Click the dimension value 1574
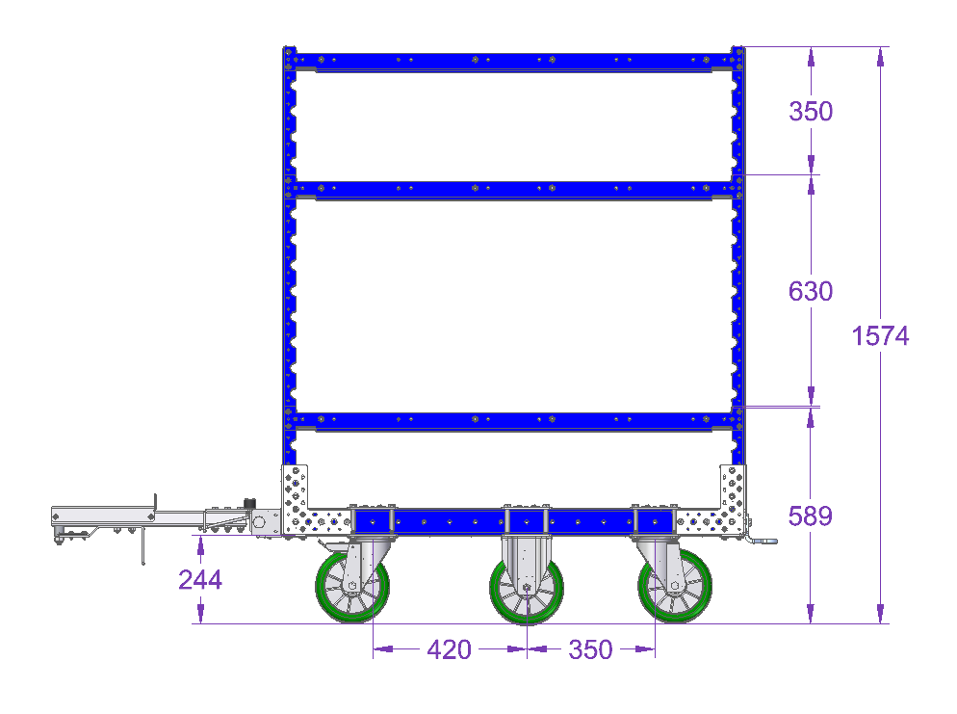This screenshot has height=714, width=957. tap(880, 336)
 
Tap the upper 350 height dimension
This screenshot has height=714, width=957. tap(811, 111)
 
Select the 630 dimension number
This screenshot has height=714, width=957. tap(811, 291)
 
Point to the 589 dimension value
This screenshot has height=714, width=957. tap(811, 516)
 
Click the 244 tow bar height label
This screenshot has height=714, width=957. tap(200, 580)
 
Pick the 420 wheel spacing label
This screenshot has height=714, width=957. tap(450, 649)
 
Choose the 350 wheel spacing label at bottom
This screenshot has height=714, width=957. tap(590, 649)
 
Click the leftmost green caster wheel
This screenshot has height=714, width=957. tap(352, 587)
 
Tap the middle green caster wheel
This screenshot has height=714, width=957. tap(526, 588)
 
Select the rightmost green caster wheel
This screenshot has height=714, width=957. tap(675, 587)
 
